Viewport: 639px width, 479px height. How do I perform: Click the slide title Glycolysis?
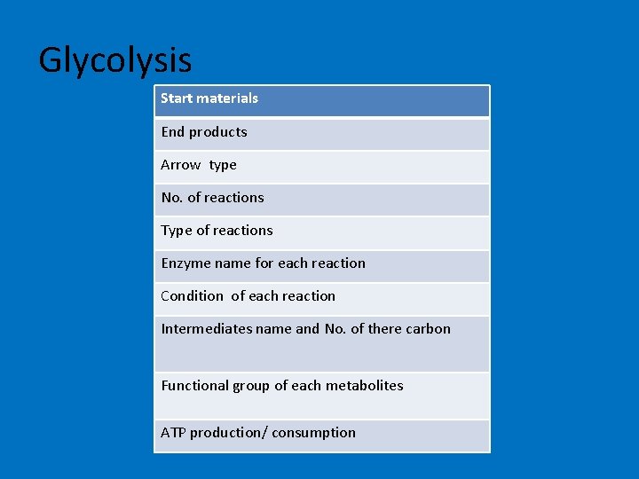pyautogui.click(x=115, y=60)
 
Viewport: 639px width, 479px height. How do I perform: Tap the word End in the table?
pyautogui.click(x=173, y=132)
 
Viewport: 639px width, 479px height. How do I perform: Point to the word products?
pyautogui.click(x=218, y=132)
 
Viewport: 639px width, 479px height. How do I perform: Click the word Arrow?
pyautogui.click(x=181, y=165)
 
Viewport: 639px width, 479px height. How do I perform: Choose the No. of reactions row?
pyautogui.click(x=321, y=199)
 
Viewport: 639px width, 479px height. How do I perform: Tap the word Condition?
pyautogui.click(x=192, y=296)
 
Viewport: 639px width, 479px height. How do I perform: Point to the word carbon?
pyautogui.click(x=428, y=329)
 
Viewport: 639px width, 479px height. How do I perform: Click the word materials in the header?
pyautogui.click(x=228, y=98)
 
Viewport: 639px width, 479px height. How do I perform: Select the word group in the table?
pyautogui.click(x=251, y=386)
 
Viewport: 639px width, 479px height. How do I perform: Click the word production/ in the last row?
pyautogui.click(x=228, y=433)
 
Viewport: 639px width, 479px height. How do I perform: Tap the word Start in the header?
pyautogui.click(x=177, y=98)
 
